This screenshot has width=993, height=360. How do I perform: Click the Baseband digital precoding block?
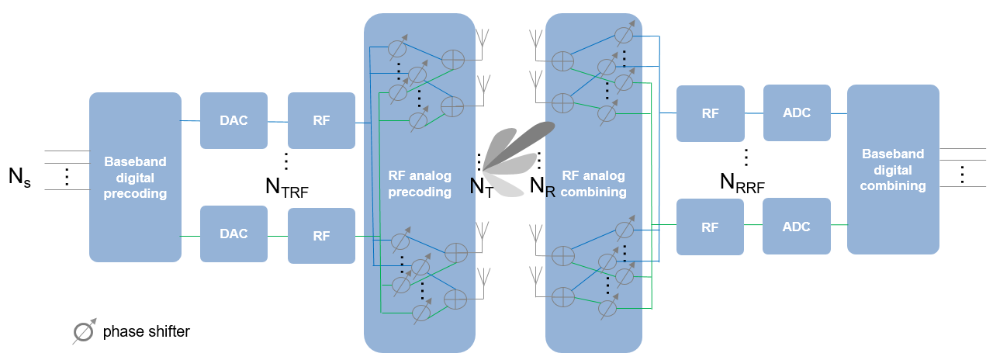tap(135, 177)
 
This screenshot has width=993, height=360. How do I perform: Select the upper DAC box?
tap(234, 120)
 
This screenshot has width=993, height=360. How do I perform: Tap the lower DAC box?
tap(234, 234)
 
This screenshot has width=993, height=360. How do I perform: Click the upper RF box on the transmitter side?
tap(321, 120)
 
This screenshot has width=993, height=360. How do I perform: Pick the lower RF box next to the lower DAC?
tap(321, 234)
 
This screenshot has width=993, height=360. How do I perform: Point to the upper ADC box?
tap(797, 113)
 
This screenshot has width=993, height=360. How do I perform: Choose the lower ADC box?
tap(797, 227)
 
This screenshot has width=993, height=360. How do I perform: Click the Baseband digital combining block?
tap(893, 169)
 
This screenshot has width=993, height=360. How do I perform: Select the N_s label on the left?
tap(19, 177)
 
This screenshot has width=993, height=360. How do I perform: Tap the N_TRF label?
tap(286, 188)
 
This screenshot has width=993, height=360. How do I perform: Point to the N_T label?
tap(482, 187)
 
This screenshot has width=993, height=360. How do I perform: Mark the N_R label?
tap(541, 187)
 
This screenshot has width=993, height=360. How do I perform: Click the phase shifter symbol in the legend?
tap(84, 331)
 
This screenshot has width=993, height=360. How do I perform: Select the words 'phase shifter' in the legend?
tap(146, 332)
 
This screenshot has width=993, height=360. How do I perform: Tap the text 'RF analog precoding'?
tap(419, 184)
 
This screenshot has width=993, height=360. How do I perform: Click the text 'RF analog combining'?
tap(593, 184)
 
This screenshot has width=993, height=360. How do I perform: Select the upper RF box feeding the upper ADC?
tap(710, 113)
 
